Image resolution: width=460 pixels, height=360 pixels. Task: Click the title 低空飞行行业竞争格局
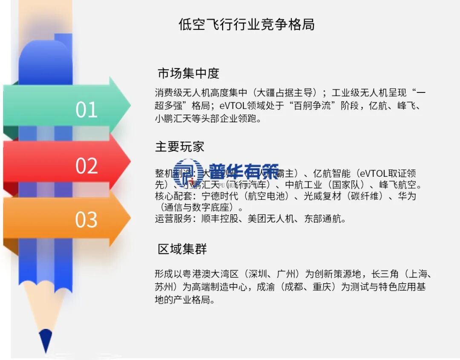point(247,24)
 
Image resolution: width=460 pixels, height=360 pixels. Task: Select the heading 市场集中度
point(188,73)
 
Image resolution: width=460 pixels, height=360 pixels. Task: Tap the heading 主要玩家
point(179,147)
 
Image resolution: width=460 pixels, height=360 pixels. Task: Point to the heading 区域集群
point(182,249)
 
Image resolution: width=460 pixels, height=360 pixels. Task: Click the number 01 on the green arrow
point(86,110)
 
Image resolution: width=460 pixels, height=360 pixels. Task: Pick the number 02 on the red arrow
point(86,166)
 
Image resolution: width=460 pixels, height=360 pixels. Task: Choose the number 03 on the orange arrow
point(86,220)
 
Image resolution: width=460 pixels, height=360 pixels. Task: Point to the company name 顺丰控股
point(217,219)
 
